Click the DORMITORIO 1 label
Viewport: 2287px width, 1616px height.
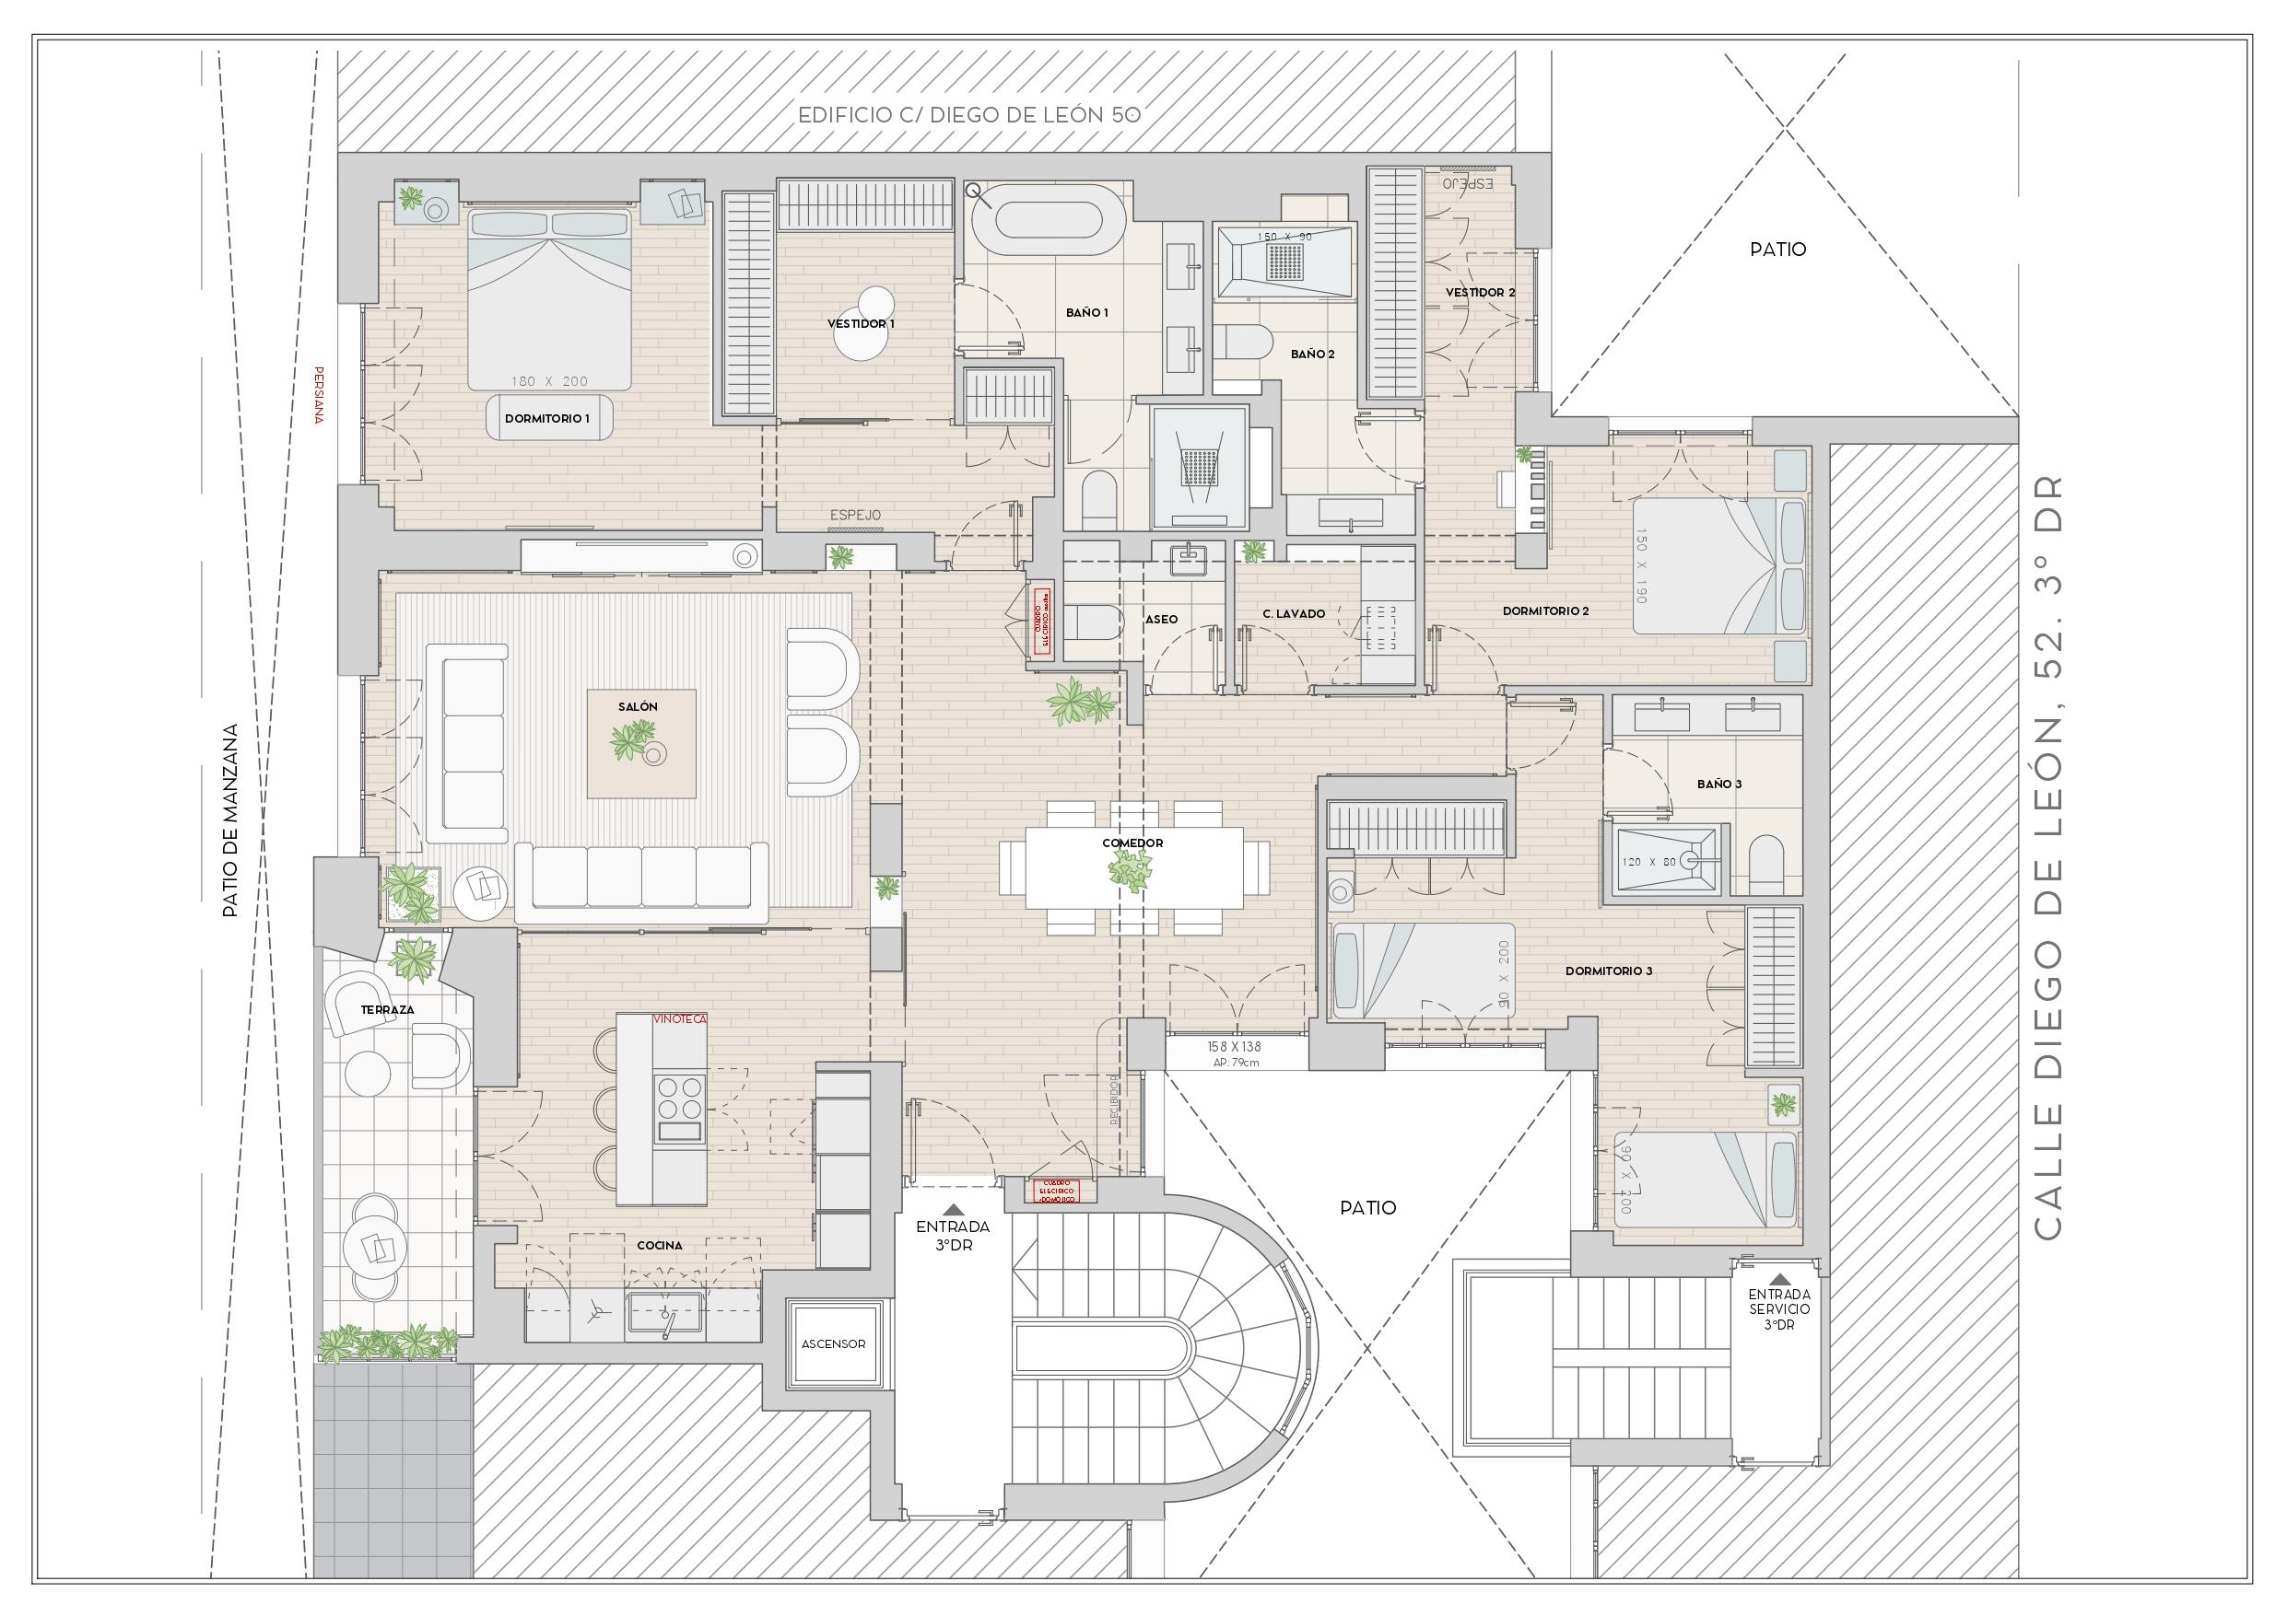[545, 419]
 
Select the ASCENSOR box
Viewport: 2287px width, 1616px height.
[834, 1344]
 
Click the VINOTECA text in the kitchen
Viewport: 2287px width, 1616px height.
[679, 1019]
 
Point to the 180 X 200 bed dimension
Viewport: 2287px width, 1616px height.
[549, 381]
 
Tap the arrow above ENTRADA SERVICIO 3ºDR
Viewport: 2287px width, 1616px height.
[1779, 1278]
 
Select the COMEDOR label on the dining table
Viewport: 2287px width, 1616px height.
[1132, 843]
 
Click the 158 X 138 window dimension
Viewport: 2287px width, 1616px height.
[1234, 1046]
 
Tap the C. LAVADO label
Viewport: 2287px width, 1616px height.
[1293, 614]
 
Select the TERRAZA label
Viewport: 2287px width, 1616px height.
[388, 1009]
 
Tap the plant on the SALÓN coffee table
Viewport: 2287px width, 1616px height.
[631, 741]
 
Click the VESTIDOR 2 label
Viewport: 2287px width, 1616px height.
[1480, 293]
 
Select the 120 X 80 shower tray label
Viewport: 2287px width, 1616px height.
[1649, 862]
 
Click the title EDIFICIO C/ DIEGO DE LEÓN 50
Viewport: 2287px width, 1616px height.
[968, 115]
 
